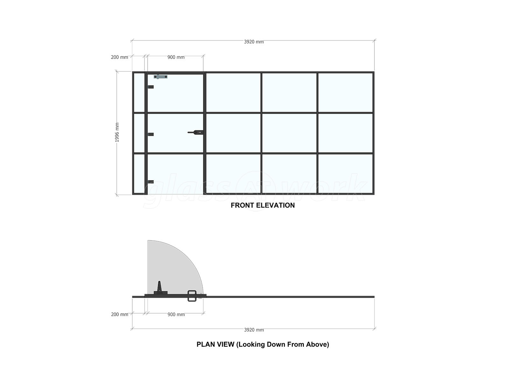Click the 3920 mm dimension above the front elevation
pyautogui.click(x=254, y=42)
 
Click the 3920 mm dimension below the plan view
pyautogui.click(x=254, y=330)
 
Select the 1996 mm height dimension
pyautogui.click(x=117, y=132)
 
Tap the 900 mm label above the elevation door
pyautogui.click(x=176, y=57)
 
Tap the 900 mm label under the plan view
pyautogui.click(x=176, y=315)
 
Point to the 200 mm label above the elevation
pyautogui.click(x=119, y=57)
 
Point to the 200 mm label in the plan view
pyautogui.click(x=119, y=314)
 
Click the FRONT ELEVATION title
pyautogui.click(x=262, y=205)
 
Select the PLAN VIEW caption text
pyautogui.click(x=263, y=344)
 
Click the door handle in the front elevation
pyautogui.click(x=195, y=132)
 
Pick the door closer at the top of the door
pyautogui.click(x=160, y=76)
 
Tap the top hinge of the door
pyautogui.click(x=151, y=87)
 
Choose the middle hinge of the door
pyautogui.click(x=151, y=134)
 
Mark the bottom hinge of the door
pyautogui.click(x=151, y=182)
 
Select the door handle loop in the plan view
pyautogui.click(x=192, y=296)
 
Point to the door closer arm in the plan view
pyautogui.click(x=159, y=287)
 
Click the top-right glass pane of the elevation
pyautogui.click(x=345, y=93)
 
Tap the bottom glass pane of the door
pyautogui.click(x=176, y=174)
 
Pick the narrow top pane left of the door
pyautogui.click(x=139, y=93)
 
